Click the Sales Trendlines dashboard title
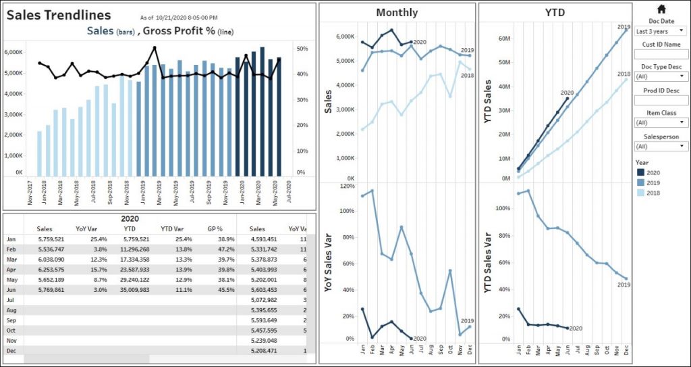tap(59, 15)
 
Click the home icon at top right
tap(661, 9)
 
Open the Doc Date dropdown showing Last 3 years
tap(661, 30)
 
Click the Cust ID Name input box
tap(661, 53)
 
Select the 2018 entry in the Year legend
tap(653, 193)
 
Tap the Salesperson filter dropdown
tap(661, 146)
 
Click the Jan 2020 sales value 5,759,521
tap(48, 239)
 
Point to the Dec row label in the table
tap(11, 351)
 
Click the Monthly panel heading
tap(397, 13)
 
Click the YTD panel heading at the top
tap(555, 13)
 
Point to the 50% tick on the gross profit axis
tap(303, 49)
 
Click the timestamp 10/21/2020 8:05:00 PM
tap(188, 17)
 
